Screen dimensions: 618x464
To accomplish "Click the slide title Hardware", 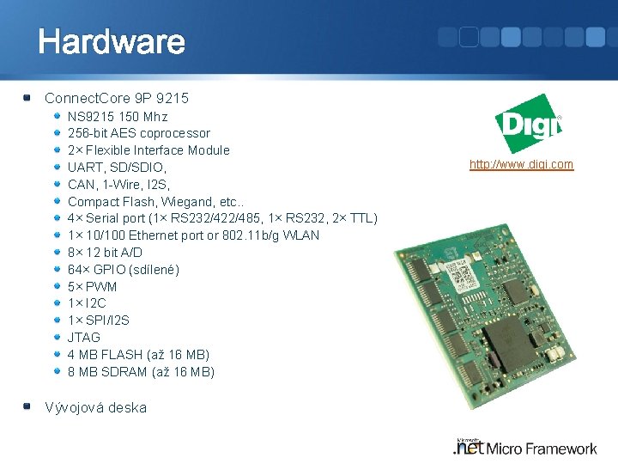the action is (111, 41).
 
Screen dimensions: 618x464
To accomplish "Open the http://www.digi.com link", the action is (521, 164).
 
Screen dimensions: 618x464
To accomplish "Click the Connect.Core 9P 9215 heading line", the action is (116, 99).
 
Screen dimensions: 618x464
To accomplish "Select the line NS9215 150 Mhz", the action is (118, 116).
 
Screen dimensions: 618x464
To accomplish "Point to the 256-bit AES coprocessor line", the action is (138, 133).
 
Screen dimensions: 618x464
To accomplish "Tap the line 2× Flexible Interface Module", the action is (148, 150).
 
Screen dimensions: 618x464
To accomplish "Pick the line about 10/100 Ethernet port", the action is (193, 235).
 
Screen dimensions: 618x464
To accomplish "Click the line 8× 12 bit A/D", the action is (105, 253).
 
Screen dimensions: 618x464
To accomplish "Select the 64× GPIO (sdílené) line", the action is (124, 270).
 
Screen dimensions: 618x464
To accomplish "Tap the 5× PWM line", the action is (92, 286).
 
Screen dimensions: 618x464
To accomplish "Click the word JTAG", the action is (84, 338).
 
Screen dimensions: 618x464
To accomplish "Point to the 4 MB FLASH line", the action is (138, 355).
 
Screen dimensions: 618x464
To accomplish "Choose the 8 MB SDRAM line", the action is (141, 372).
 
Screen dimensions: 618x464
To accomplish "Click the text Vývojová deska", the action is (95, 407).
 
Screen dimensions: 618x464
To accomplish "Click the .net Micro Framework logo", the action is (525, 446).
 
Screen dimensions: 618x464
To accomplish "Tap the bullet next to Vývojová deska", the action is (29, 406).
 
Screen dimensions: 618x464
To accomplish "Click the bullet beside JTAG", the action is (58, 338).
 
